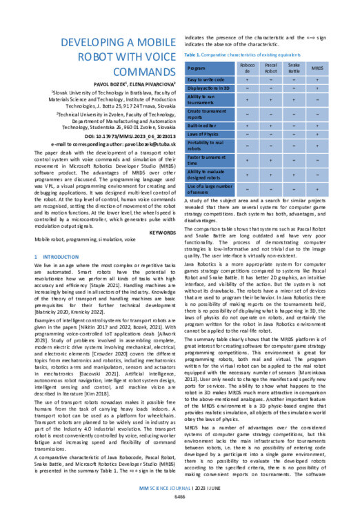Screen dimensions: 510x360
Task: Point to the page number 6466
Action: point(179,496)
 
